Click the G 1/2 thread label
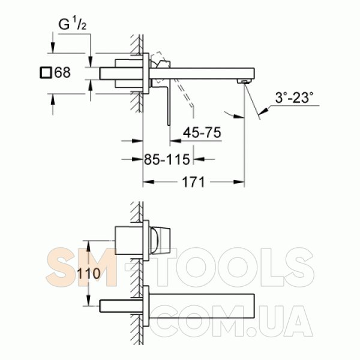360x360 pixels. [73, 25]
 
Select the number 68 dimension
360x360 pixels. [62, 73]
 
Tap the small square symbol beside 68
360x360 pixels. [46, 73]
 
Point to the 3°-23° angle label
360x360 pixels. [294, 97]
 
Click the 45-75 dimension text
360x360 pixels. [202, 133]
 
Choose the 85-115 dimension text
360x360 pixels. [167, 160]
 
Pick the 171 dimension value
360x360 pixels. [193, 182]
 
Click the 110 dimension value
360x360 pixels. [89, 274]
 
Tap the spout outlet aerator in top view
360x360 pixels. [244, 82]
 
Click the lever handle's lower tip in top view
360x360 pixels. [169, 125]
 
